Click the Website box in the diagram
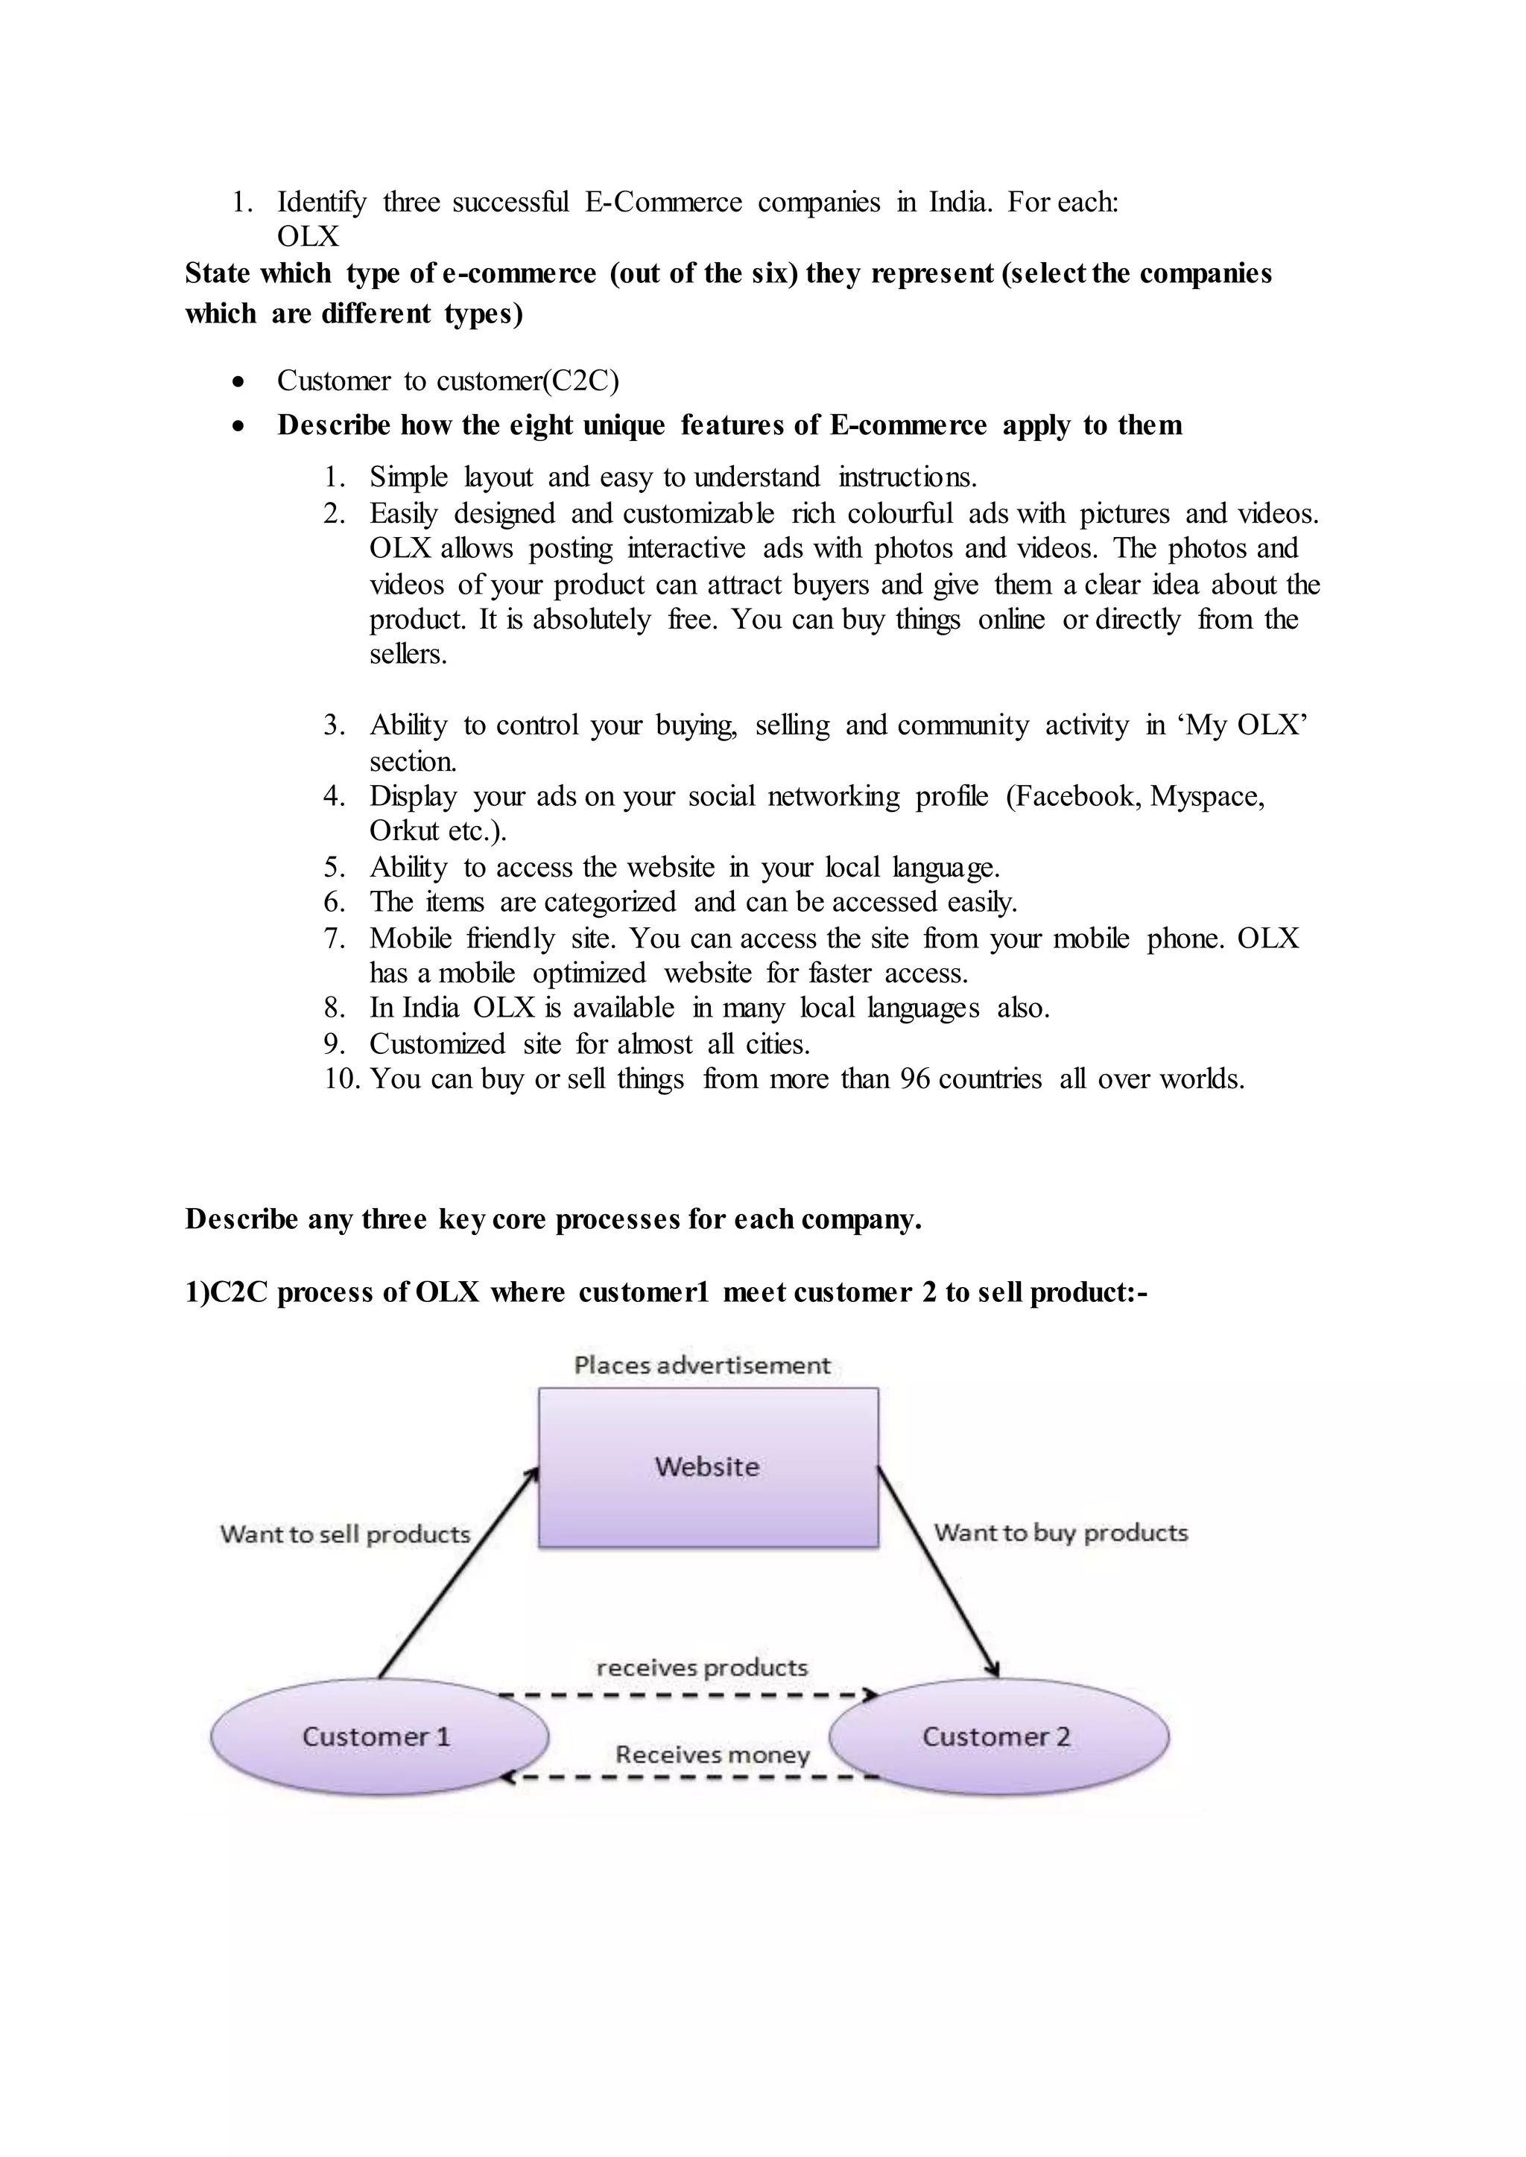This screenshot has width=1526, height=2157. tap(708, 1467)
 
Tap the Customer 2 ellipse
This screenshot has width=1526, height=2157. tap(997, 1736)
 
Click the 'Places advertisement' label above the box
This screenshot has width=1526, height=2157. tap(702, 1365)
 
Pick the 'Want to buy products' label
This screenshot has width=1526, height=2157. tap(1061, 1532)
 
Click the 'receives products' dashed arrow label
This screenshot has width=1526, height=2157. tap(702, 1668)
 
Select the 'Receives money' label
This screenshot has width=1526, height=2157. tap(712, 1754)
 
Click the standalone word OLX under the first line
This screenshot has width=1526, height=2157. tap(307, 237)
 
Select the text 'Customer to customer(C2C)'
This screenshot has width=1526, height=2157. tap(447, 381)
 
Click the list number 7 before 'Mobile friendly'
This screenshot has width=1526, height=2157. tap(334, 938)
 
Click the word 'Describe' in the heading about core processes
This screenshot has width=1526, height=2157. tap(241, 1219)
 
